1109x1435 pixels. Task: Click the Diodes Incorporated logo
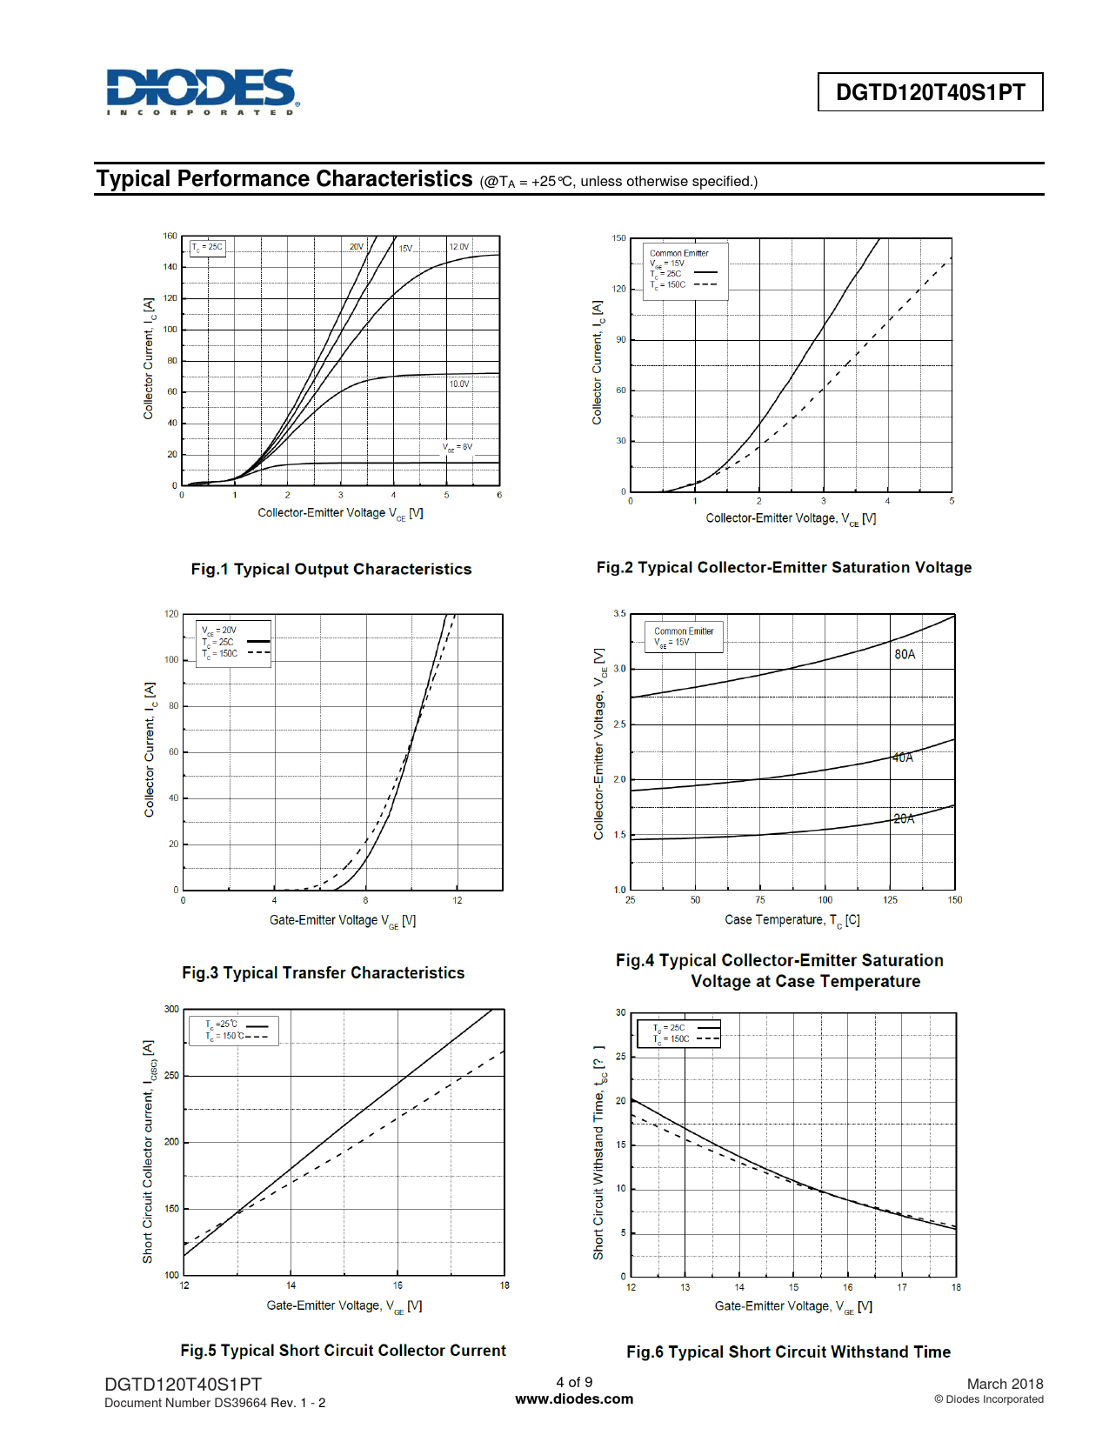click(x=203, y=91)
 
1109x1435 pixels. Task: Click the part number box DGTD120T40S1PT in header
click(x=930, y=92)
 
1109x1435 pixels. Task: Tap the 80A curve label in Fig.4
click(x=905, y=654)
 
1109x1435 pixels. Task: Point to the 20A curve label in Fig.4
click(x=904, y=818)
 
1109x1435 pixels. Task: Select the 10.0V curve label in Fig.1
click(x=458, y=384)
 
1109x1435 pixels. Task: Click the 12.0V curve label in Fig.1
click(x=458, y=247)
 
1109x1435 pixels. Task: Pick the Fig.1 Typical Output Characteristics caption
click(x=331, y=569)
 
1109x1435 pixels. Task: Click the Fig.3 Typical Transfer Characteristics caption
click(x=323, y=972)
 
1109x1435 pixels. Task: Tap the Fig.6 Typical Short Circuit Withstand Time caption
click(x=788, y=1352)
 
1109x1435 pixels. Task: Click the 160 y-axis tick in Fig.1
click(x=170, y=236)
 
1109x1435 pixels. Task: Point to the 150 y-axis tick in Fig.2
click(x=618, y=237)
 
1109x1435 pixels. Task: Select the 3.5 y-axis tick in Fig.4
click(x=619, y=613)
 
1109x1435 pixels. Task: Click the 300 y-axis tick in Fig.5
click(x=171, y=1009)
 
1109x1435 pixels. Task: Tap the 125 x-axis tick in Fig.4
click(x=890, y=900)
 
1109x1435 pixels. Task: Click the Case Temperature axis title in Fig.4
click(x=792, y=920)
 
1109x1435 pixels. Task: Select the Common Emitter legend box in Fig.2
click(x=685, y=270)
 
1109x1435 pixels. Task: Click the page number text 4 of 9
click(x=574, y=1382)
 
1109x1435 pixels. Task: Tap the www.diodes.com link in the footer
click(x=574, y=1398)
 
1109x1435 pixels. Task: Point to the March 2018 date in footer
click(x=1005, y=1384)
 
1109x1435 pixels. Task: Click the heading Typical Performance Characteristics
click(x=284, y=179)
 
